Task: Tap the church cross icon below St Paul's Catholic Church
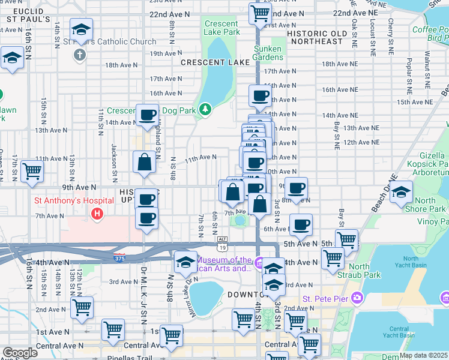tap(79, 55)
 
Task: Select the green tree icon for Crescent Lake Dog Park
tap(205, 109)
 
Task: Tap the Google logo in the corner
tap(20, 353)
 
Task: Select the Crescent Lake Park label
tap(221, 28)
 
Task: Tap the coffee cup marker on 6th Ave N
tap(301, 224)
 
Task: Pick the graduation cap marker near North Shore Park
tap(402, 192)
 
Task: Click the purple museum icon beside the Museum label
tap(259, 262)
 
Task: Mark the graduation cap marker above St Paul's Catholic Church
tap(81, 29)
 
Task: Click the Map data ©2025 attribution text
tap(423, 355)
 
